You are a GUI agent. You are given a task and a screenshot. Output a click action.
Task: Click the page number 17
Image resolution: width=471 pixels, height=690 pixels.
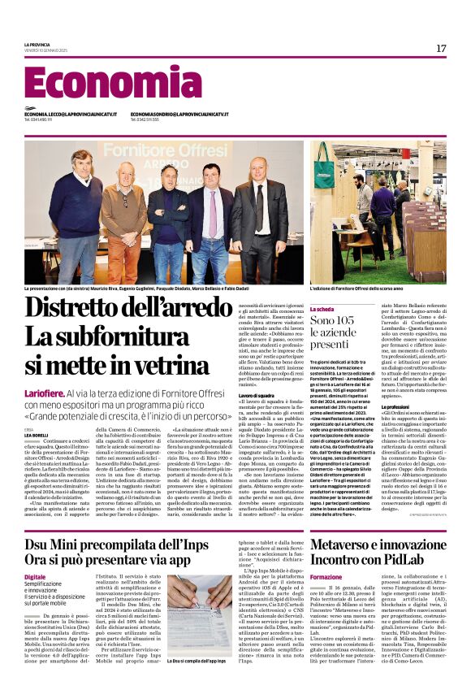pyautogui.click(x=441, y=49)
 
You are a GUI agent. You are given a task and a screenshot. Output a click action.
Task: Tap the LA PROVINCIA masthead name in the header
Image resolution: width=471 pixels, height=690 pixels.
pyautogui.click(x=37, y=44)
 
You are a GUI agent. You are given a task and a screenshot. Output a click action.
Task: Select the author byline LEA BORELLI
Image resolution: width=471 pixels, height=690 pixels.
pyautogui.click(x=37, y=436)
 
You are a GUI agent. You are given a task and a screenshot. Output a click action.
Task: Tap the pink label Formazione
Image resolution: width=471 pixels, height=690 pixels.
pyautogui.click(x=326, y=554)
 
